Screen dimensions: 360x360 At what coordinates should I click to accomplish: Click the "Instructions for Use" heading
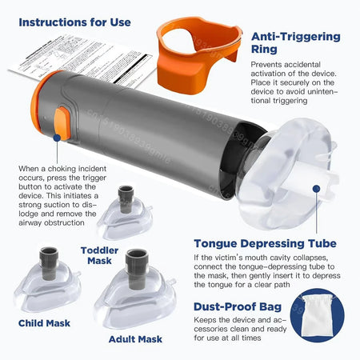click(x=74, y=22)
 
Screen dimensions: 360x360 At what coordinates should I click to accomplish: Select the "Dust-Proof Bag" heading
click(x=250, y=305)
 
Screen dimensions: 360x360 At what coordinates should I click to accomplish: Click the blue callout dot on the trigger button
click(x=58, y=137)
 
